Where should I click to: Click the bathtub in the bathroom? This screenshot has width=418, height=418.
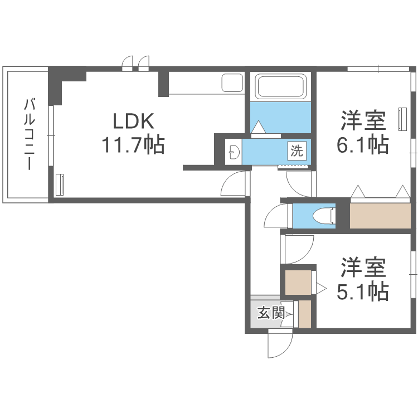pos(280,86)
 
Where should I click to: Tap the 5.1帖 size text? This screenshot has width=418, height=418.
pos(363,290)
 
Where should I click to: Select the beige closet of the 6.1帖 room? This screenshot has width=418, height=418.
pos(379,215)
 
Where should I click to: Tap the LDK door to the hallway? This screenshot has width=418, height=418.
pos(234,184)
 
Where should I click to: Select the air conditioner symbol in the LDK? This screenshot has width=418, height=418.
pos(60,184)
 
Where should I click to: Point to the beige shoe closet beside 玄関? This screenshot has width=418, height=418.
pos(304,315)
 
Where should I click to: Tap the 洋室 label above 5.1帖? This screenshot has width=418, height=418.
pos(363,268)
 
